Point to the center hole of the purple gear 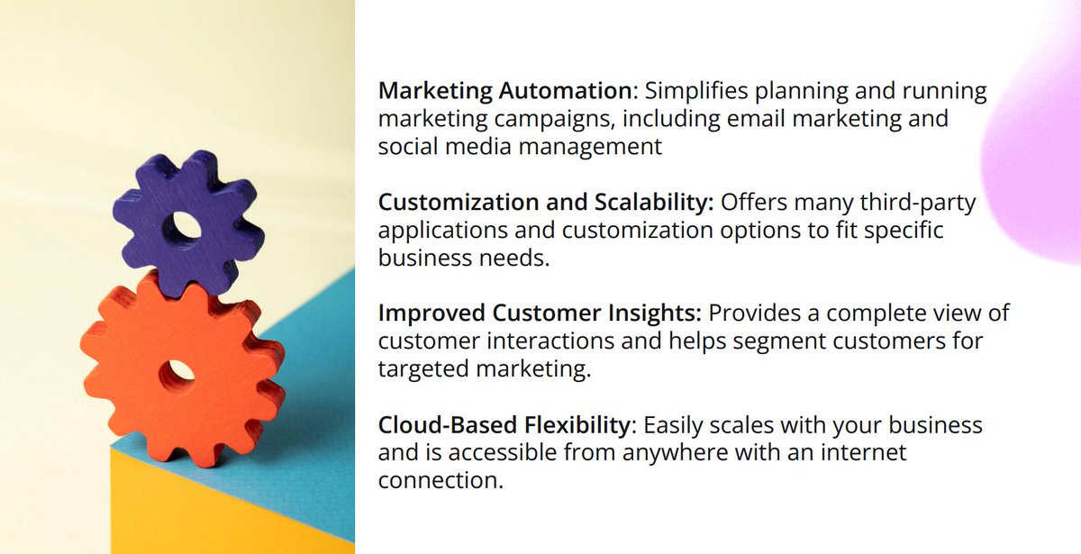(x=188, y=225)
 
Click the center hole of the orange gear (x=179, y=369)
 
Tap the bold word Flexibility (x=586, y=425)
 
